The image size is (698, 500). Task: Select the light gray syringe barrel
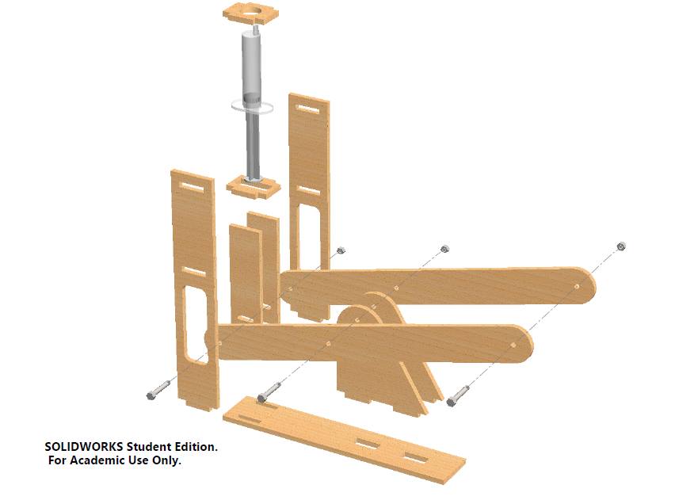tap(251, 67)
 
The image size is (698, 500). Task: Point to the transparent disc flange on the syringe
tap(252, 107)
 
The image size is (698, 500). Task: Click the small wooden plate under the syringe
tap(254, 186)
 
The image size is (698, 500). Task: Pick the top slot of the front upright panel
tap(192, 187)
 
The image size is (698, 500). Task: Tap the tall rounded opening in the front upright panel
tap(196, 324)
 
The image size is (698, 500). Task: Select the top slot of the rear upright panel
tap(307, 109)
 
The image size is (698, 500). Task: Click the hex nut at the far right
tap(621, 246)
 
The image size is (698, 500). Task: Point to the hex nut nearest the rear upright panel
tap(341, 250)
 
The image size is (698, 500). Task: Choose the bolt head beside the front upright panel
tap(151, 395)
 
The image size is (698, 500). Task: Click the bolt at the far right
tap(458, 396)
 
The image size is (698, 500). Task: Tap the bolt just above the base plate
tap(269, 391)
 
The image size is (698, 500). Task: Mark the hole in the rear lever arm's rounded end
tap(577, 286)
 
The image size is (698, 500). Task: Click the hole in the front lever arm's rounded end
tap(513, 345)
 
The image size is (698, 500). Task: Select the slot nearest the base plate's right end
tap(416, 458)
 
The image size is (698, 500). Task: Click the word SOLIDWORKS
tap(84, 447)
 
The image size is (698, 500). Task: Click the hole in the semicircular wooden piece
tap(357, 320)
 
